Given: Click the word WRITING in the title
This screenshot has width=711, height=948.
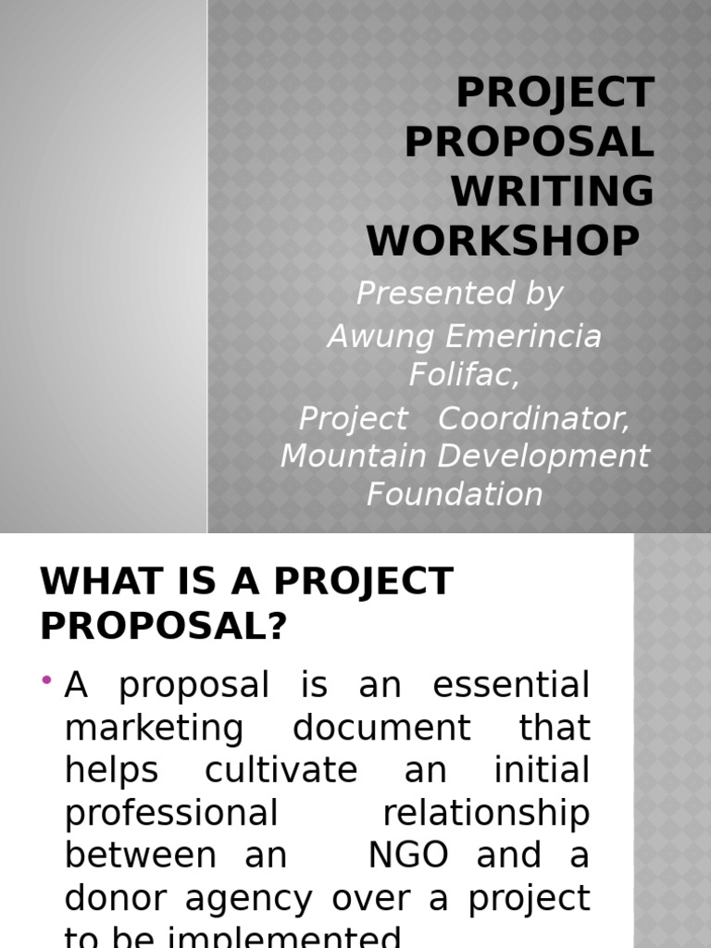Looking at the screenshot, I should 552,192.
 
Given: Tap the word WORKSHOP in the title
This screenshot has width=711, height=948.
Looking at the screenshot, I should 503,241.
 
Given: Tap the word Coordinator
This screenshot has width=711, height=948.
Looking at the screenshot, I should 533,418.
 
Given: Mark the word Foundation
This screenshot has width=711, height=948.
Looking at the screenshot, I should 455,493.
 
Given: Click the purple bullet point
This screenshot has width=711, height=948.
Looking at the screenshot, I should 46,681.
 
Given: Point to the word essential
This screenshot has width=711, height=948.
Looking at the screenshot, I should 511,686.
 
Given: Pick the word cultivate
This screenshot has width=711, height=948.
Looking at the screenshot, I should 281,771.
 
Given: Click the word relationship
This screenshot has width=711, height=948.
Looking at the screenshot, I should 486,814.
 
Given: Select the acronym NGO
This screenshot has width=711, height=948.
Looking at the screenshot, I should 408,855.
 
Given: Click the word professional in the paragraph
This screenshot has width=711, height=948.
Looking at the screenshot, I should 171,814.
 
